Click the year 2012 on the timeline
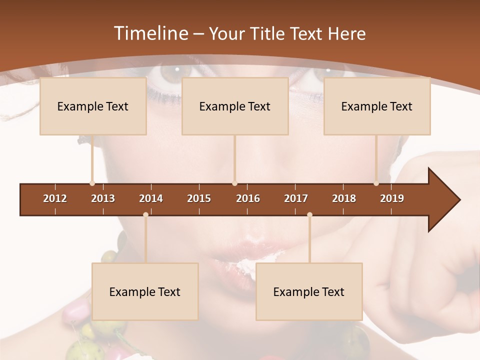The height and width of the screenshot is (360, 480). click(x=55, y=198)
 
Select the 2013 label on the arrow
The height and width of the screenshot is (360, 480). click(x=103, y=198)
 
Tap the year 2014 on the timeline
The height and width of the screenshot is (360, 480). click(x=151, y=198)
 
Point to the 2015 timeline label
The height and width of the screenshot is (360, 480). click(x=199, y=198)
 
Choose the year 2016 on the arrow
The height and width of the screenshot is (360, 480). click(x=248, y=198)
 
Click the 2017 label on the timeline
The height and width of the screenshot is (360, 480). click(x=296, y=198)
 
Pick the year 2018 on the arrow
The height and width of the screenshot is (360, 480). click(x=344, y=198)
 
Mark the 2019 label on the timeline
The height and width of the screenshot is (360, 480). click(x=392, y=198)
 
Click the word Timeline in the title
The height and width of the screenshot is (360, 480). click(x=150, y=33)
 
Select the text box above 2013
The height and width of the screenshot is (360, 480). click(x=93, y=106)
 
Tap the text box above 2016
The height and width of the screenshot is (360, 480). click(x=235, y=106)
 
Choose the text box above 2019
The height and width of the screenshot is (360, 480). click(x=377, y=106)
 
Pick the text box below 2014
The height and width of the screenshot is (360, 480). click(x=145, y=291)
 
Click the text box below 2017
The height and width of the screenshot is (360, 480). click(x=309, y=291)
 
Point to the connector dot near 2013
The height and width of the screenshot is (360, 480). click(x=92, y=183)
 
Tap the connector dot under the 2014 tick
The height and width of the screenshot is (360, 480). click(x=145, y=214)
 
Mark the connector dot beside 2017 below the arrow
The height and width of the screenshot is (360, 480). click(x=309, y=214)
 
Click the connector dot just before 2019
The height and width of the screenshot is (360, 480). click(x=376, y=183)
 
